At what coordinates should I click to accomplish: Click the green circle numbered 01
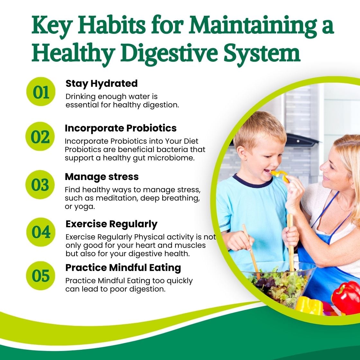(41, 92)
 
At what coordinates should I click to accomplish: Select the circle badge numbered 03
(40, 185)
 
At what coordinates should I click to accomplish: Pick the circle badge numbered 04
(41, 232)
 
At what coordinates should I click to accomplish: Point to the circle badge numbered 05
(41, 276)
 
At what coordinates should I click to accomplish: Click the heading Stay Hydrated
(102, 84)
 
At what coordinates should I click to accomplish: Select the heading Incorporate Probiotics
(121, 128)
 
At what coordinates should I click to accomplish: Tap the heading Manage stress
(102, 177)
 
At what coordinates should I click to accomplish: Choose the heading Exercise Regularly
(111, 224)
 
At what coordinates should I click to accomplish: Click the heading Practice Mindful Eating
(123, 267)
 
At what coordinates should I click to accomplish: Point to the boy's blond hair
(259, 127)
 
